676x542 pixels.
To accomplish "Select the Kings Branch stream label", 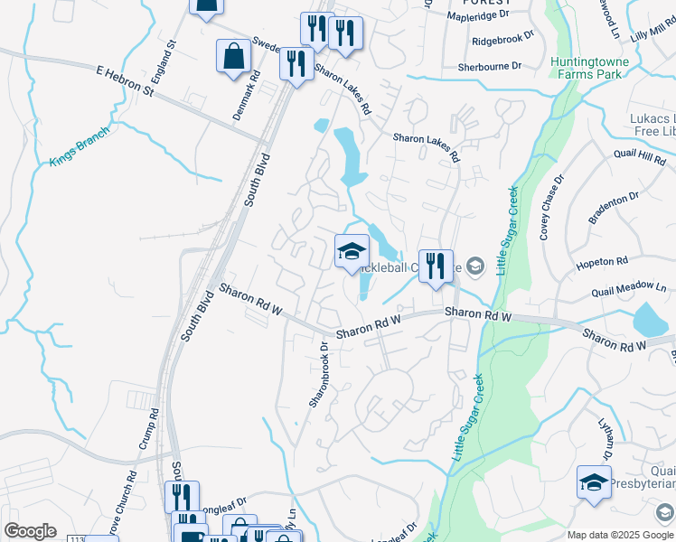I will click(x=80, y=146).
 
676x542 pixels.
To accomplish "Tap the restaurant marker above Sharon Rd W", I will click(x=436, y=266).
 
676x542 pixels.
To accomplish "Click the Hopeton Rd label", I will click(x=602, y=261).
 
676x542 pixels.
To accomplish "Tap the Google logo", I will click(x=31, y=531).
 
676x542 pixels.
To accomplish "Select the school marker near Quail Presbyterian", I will click(x=594, y=482).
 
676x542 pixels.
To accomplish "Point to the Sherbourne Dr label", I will click(x=490, y=66).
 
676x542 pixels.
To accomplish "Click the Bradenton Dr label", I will click(x=614, y=197).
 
